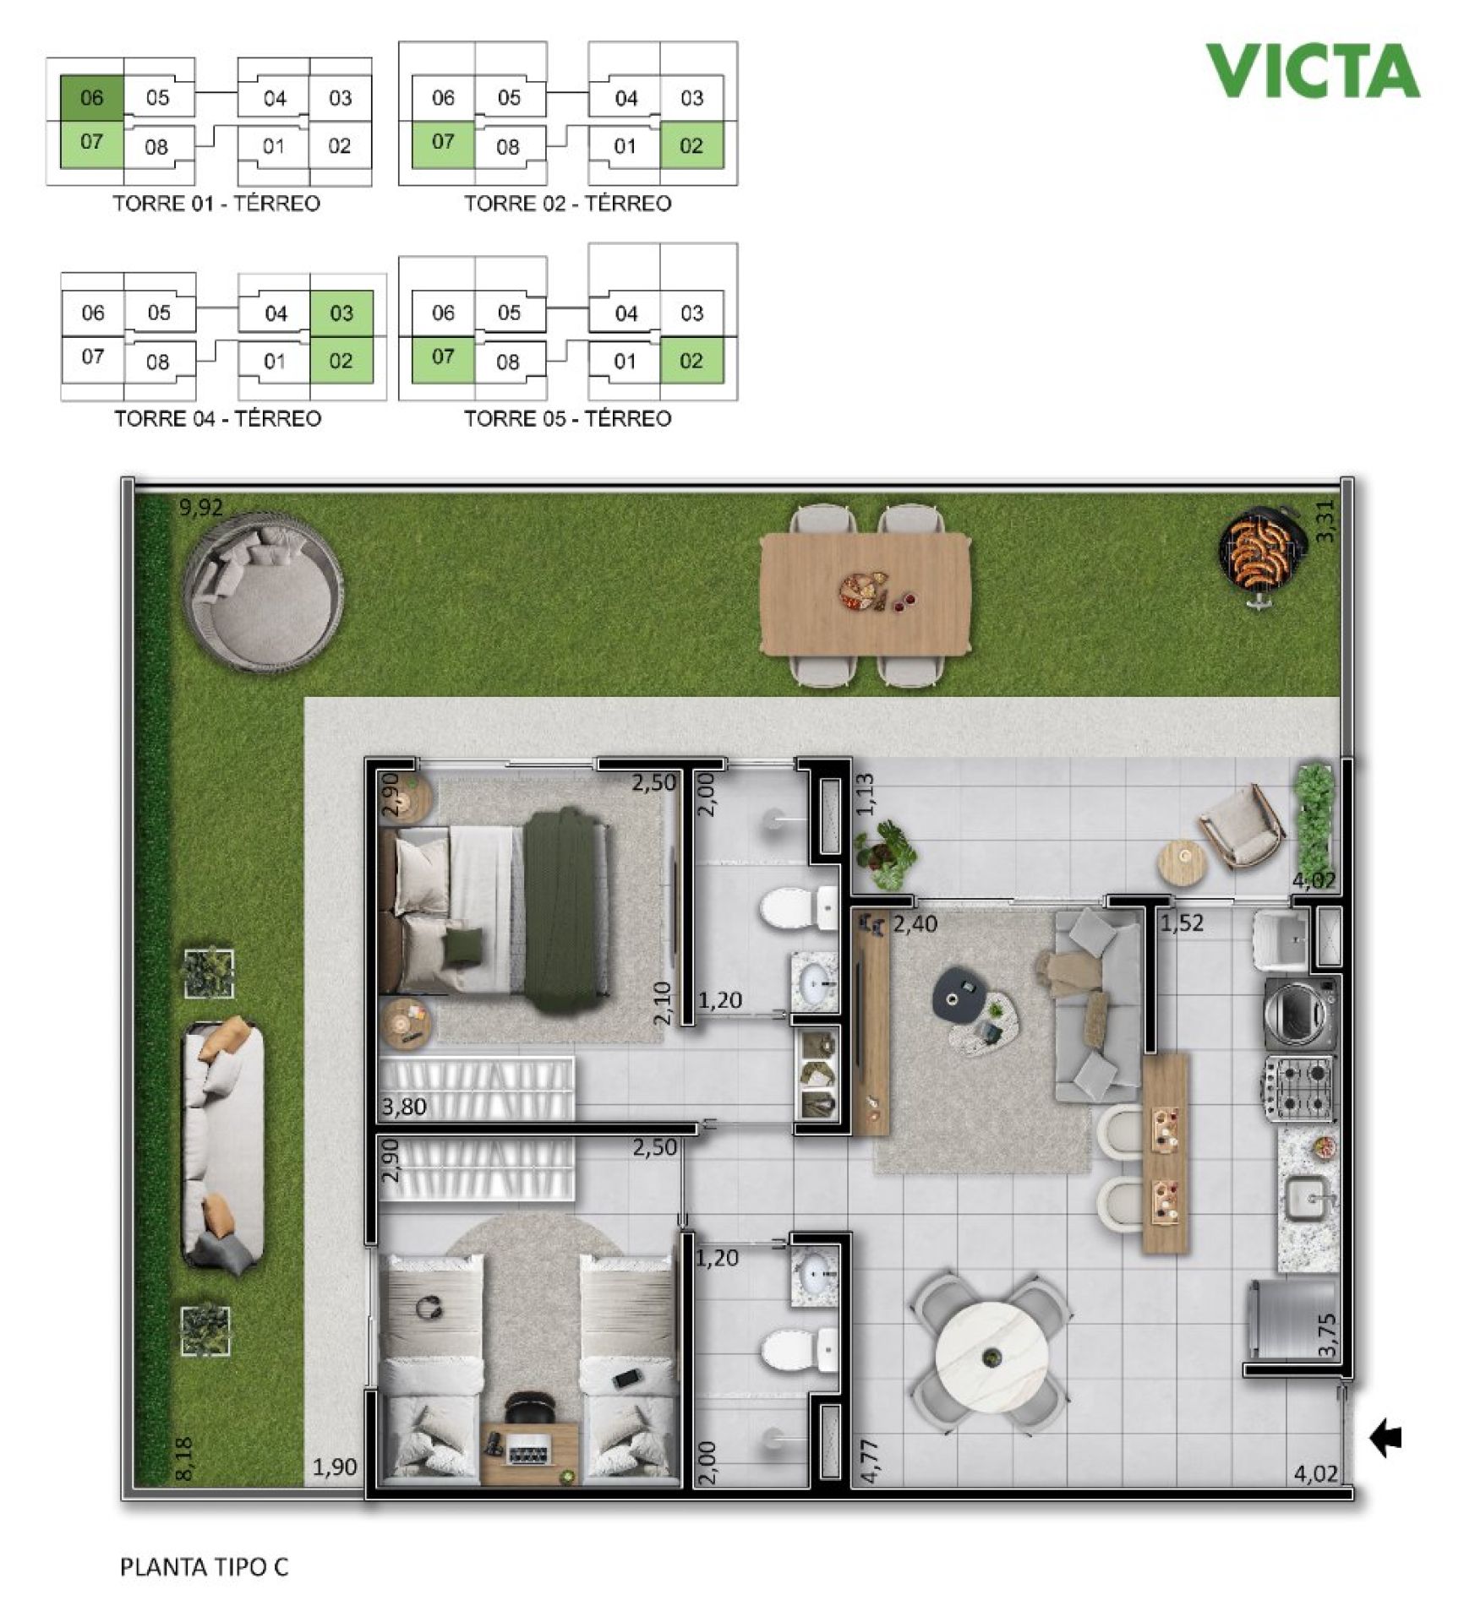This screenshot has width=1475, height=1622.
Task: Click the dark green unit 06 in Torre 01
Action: [x=92, y=98]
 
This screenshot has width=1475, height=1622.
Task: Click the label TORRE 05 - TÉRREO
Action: [x=567, y=418]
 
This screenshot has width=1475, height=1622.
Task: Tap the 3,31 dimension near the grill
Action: [x=1325, y=522]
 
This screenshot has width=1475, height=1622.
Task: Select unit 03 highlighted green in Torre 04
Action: [x=341, y=313]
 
